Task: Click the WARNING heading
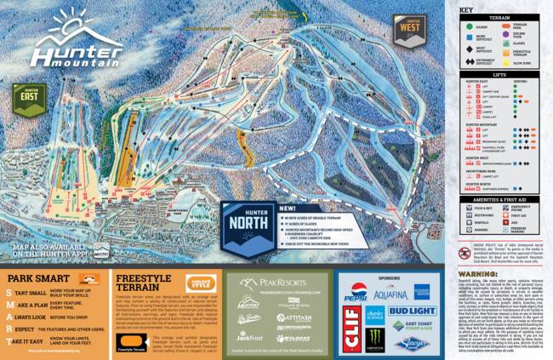click(478, 274)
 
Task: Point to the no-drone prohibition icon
click(466, 254)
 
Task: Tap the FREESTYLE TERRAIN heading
click(148, 282)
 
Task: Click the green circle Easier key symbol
click(467, 37)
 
